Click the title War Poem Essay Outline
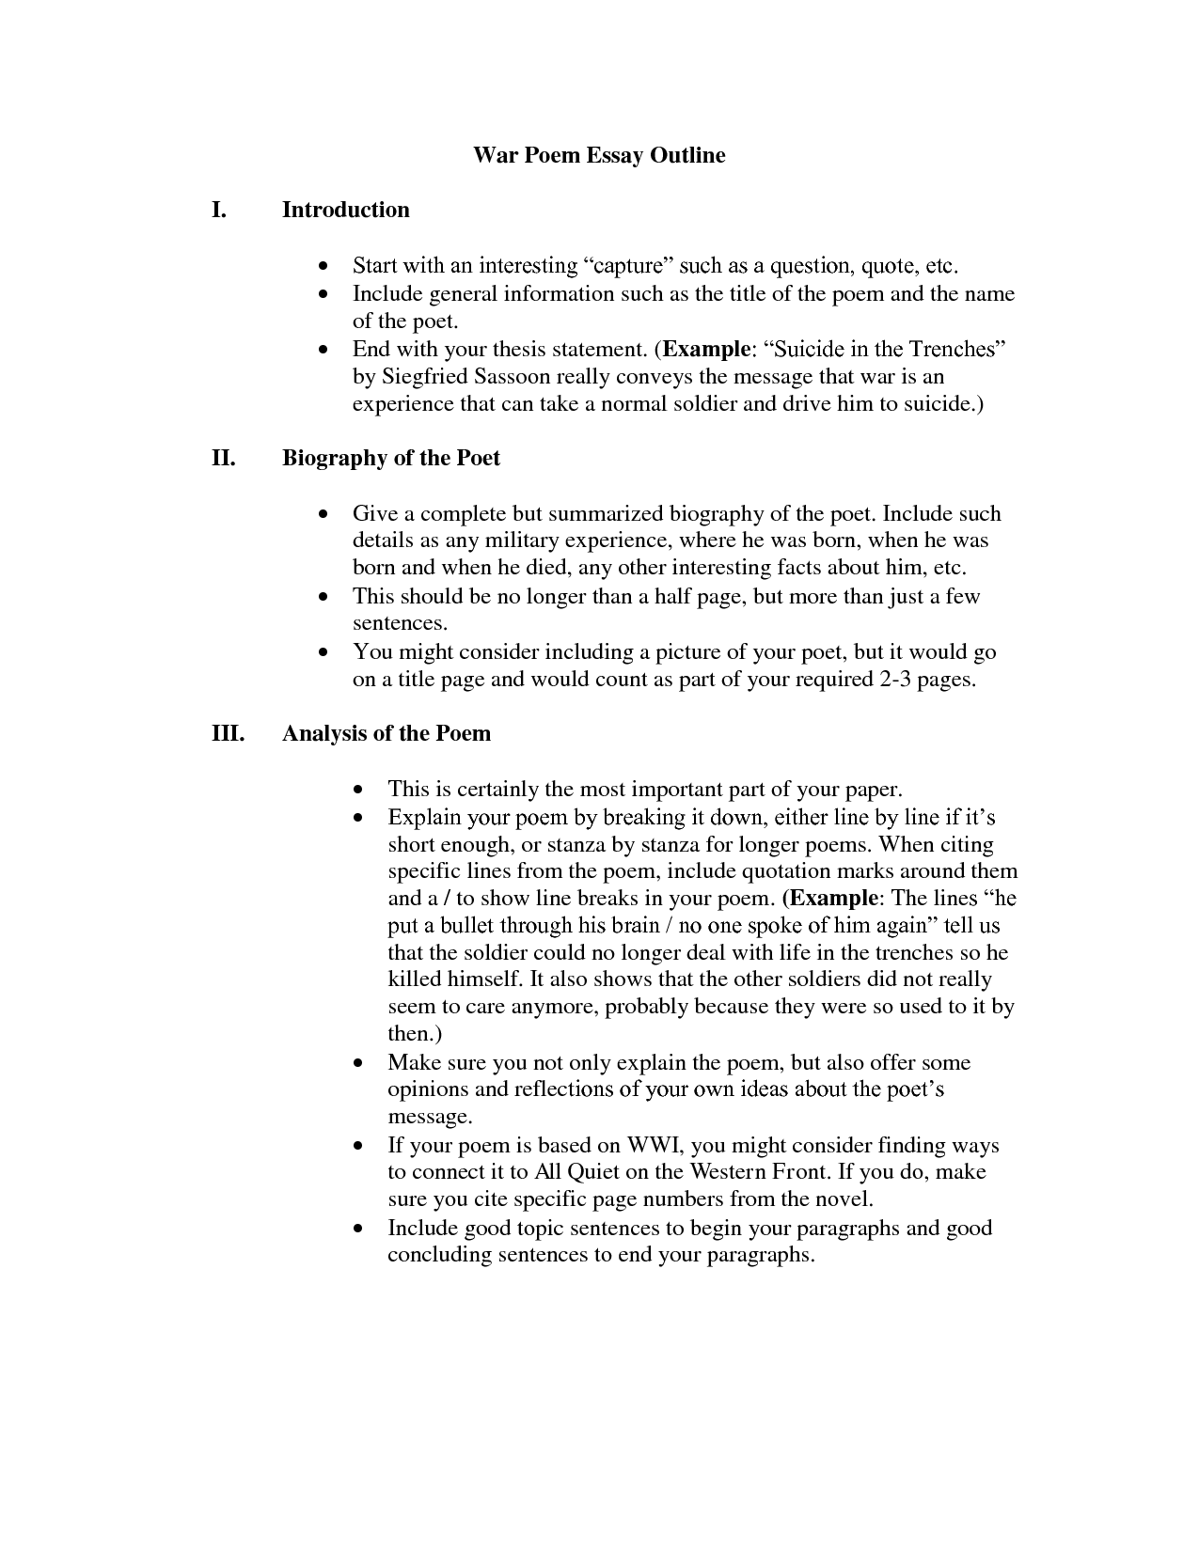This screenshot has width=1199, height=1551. pyautogui.click(x=599, y=155)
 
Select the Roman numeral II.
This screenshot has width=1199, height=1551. pyautogui.click(x=223, y=458)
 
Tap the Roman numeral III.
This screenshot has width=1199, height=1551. pyautogui.click(x=228, y=733)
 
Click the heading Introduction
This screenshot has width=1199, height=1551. pyautogui.click(x=346, y=210)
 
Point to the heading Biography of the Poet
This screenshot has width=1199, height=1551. pyautogui.click(x=391, y=458)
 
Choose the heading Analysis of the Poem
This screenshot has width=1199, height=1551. pyautogui.click(x=387, y=733)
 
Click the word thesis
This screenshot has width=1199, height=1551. pyautogui.click(x=523, y=350)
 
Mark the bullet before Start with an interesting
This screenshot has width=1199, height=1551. pyautogui.click(x=323, y=267)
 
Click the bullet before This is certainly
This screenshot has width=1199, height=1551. pyautogui.click(x=358, y=790)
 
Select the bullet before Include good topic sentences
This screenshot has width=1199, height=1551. pyautogui.click(x=358, y=1229)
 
